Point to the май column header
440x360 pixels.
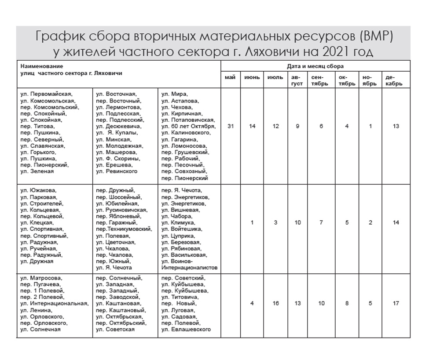tap(230, 77)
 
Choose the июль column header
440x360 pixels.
tap(275, 77)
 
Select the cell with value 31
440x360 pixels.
tap(230, 126)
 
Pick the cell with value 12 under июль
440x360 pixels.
tap(275, 126)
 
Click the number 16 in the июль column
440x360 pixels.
tap(275, 303)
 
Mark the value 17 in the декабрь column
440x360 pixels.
tap(396, 303)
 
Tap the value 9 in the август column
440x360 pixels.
tap(298, 126)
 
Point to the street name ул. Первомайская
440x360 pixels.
tap(47, 94)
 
